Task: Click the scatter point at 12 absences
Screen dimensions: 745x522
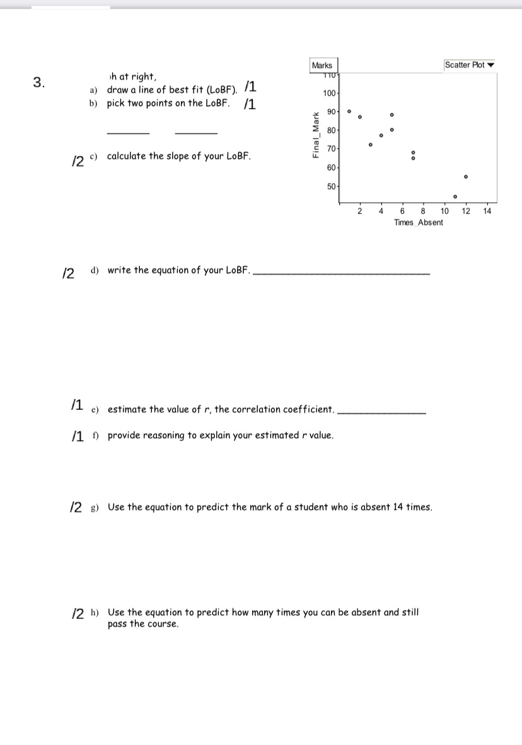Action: pos(465,176)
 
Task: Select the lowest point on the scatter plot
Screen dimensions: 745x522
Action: pos(455,196)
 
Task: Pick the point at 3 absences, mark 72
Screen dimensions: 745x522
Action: pos(371,145)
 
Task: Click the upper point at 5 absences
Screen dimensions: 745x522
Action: pos(391,115)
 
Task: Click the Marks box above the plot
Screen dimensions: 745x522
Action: pos(322,66)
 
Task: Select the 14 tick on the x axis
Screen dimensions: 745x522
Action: pos(487,211)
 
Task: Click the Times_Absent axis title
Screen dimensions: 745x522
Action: pos(418,222)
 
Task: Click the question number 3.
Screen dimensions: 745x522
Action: pos(39,82)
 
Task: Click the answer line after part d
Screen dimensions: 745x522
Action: pos(340,274)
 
